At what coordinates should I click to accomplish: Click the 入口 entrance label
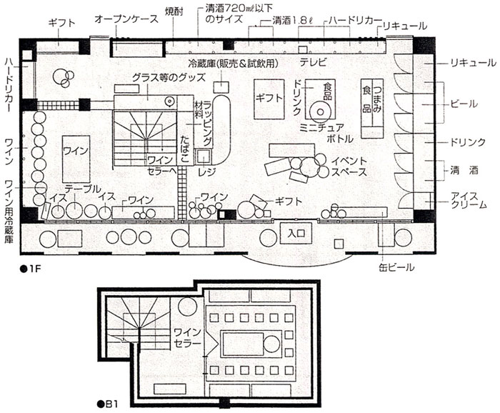296,233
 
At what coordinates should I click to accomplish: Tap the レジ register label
207,172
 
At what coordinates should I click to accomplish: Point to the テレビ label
313,61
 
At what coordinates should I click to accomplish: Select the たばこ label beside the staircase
185,149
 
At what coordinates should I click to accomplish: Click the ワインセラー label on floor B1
187,337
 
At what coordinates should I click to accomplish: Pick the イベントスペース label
349,166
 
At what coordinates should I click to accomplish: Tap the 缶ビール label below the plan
396,267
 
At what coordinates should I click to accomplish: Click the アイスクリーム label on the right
469,200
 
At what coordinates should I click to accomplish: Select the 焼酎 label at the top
174,11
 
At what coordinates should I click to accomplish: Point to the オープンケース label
126,19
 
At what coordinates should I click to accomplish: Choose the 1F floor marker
31,269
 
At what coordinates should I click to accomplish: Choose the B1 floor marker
108,404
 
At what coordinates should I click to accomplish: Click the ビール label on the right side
464,104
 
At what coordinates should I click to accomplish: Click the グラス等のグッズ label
169,77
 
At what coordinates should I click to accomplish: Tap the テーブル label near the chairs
83,189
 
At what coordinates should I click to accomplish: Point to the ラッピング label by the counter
208,123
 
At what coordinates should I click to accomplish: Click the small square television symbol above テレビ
303,49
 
